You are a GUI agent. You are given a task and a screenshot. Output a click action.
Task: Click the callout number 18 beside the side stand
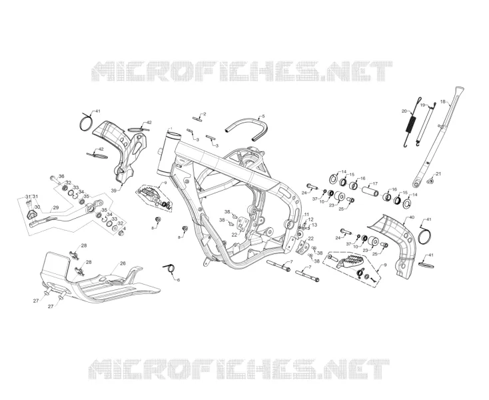443,102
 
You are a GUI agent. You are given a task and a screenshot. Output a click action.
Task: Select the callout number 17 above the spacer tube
375,183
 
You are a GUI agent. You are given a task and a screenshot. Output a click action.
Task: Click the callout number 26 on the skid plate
123,263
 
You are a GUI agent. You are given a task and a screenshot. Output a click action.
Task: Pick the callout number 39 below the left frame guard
114,190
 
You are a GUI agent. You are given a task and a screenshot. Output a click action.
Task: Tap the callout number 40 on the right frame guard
412,217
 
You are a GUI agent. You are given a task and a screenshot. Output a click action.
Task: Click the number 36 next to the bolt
61,176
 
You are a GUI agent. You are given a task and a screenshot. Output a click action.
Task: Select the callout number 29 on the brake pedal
56,207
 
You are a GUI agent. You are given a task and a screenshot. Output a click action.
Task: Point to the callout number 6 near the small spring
179,280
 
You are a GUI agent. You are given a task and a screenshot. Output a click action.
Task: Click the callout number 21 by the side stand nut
438,173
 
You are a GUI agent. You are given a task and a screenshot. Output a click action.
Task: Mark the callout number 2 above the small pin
205,114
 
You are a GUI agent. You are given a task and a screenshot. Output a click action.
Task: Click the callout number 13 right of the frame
314,225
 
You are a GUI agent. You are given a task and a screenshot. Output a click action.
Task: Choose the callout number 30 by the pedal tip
37,207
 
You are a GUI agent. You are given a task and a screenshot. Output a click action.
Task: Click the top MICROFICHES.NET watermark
242,71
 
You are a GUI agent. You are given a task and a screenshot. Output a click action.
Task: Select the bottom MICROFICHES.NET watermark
239,369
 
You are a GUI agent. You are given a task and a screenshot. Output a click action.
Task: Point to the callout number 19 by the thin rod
422,105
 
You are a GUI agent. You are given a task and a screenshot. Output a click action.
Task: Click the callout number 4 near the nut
125,229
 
